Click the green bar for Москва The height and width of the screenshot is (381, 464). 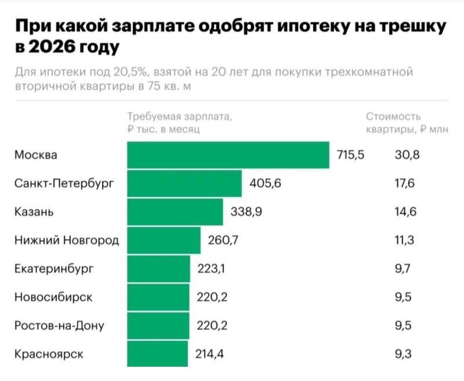point(228,155)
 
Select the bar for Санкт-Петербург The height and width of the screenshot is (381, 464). point(184,183)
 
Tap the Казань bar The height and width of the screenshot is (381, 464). point(175,212)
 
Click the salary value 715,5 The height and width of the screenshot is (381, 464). point(350,155)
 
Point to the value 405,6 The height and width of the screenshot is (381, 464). point(265,183)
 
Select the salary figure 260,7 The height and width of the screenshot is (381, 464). point(223,240)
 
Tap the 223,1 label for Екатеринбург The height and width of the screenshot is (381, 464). point(211,268)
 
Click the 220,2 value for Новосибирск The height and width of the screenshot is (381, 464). point(212,297)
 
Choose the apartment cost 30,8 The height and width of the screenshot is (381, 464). point(407,155)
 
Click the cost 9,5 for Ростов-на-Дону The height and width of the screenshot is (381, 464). point(403,325)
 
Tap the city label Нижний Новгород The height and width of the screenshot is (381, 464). point(67,240)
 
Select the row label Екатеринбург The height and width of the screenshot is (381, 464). point(53,268)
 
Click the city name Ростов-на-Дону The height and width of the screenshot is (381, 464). point(59,325)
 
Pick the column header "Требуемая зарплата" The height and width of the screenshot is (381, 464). point(180,116)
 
